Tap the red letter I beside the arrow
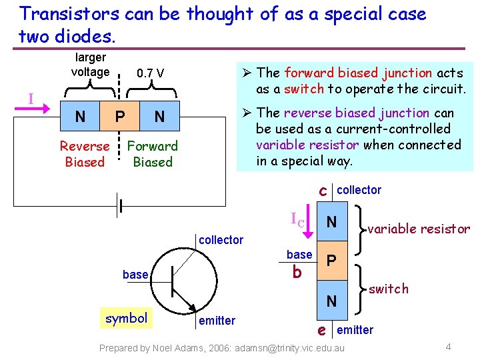pyautogui.click(x=31, y=99)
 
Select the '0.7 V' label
pyautogui.click(x=151, y=73)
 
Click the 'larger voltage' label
pyautogui.click(x=90, y=65)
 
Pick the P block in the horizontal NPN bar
pyautogui.click(x=119, y=117)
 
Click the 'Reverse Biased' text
pyautogui.click(x=85, y=154)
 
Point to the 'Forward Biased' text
pyautogui.click(x=153, y=154)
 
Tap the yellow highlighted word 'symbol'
pyautogui.click(x=126, y=318)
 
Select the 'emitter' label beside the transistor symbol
pyautogui.click(x=217, y=321)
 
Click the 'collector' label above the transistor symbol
pyautogui.click(x=221, y=240)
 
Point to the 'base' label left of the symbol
pyautogui.click(x=135, y=275)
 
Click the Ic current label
pyautogui.click(x=297, y=219)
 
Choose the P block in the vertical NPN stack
pyautogui.click(x=331, y=260)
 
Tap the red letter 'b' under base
pyautogui.click(x=297, y=272)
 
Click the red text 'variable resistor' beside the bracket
pyautogui.click(x=419, y=229)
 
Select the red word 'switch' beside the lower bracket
pyautogui.click(x=389, y=289)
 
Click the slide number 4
pyautogui.click(x=448, y=347)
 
